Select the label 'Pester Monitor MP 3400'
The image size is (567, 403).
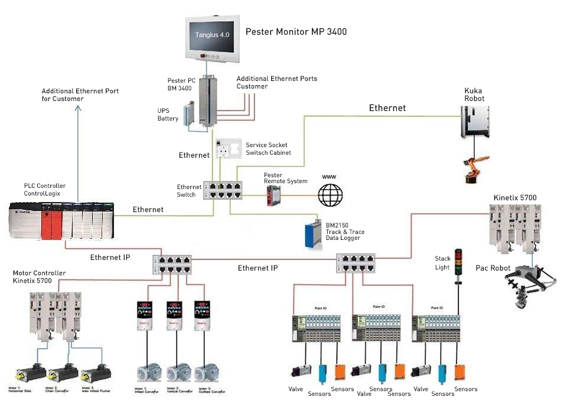coord(296,31)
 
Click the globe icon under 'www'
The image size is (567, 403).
coord(330,194)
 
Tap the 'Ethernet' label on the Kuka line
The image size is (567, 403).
coord(387,108)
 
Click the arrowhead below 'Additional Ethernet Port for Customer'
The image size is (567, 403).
coord(79,108)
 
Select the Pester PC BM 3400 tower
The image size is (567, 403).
coord(207,100)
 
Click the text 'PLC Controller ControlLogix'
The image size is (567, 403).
coord(45,190)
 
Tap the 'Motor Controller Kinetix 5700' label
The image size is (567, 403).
coord(40,277)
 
